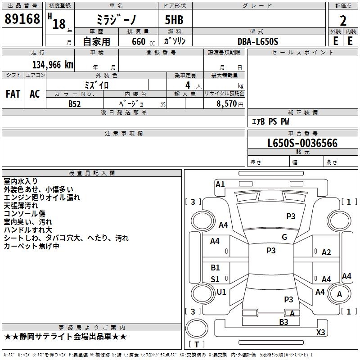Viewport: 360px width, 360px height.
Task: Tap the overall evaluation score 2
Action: click(343, 21)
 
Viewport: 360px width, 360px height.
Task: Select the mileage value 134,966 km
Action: click(53, 64)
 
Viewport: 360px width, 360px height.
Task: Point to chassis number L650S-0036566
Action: click(302, 144)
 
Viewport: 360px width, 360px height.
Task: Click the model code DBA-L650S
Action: click(257, 41)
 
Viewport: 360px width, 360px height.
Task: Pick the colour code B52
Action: click(75, 103)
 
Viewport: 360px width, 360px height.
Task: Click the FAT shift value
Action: click(13, 94)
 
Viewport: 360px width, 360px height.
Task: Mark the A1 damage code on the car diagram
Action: click(220, 184)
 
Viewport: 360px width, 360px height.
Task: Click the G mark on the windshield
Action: click(284, 237)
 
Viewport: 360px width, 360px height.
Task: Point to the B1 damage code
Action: click(216, 268)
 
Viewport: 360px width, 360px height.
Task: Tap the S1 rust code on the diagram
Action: click(216, 279)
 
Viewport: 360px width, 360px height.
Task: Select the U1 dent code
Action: click(221, 292)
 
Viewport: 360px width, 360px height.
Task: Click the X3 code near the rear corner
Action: click(320, 332)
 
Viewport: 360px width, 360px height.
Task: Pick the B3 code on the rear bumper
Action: click(283, 322)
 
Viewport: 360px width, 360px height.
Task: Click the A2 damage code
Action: click(326, 252)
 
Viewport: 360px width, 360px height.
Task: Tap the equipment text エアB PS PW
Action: click(270, 121)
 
